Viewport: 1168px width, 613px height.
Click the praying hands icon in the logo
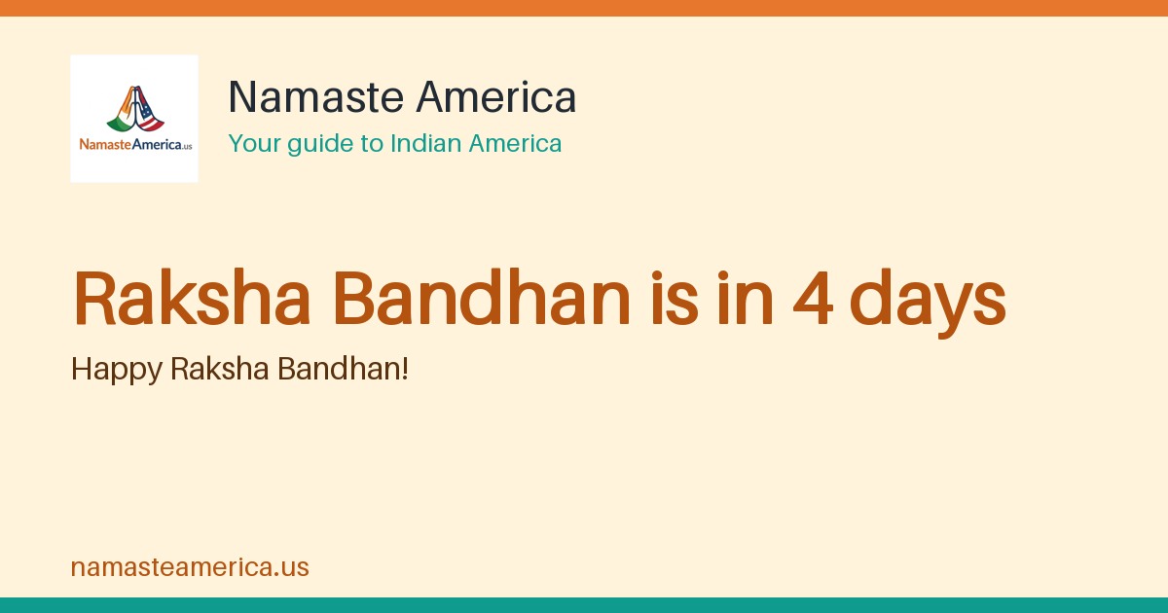[x=135, y=109]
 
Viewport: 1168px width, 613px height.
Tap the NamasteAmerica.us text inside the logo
[x=135, y=144]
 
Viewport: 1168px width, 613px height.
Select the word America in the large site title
[x=496, y=97]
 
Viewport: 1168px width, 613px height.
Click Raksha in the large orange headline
[x=192, y=298]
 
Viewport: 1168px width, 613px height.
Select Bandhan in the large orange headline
[x=482, y=298]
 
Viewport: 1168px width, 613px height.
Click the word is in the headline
[x=674, y=298]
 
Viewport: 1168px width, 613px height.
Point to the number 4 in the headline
[x=813, y=299]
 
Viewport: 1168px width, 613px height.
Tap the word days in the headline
[x=928, y=304]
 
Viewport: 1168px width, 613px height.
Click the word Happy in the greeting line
[x=117, y=371]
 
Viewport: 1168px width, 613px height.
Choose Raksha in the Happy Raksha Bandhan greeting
[x=220, y=369]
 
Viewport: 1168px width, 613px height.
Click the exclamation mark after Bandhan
[x=405, y=369]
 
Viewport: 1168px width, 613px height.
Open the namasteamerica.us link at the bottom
[x=190, y=567]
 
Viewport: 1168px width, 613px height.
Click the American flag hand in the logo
[x=150, y=111]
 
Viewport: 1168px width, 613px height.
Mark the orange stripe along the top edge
[x=584, y=8]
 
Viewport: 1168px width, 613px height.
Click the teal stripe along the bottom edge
[x=584, y=605]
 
